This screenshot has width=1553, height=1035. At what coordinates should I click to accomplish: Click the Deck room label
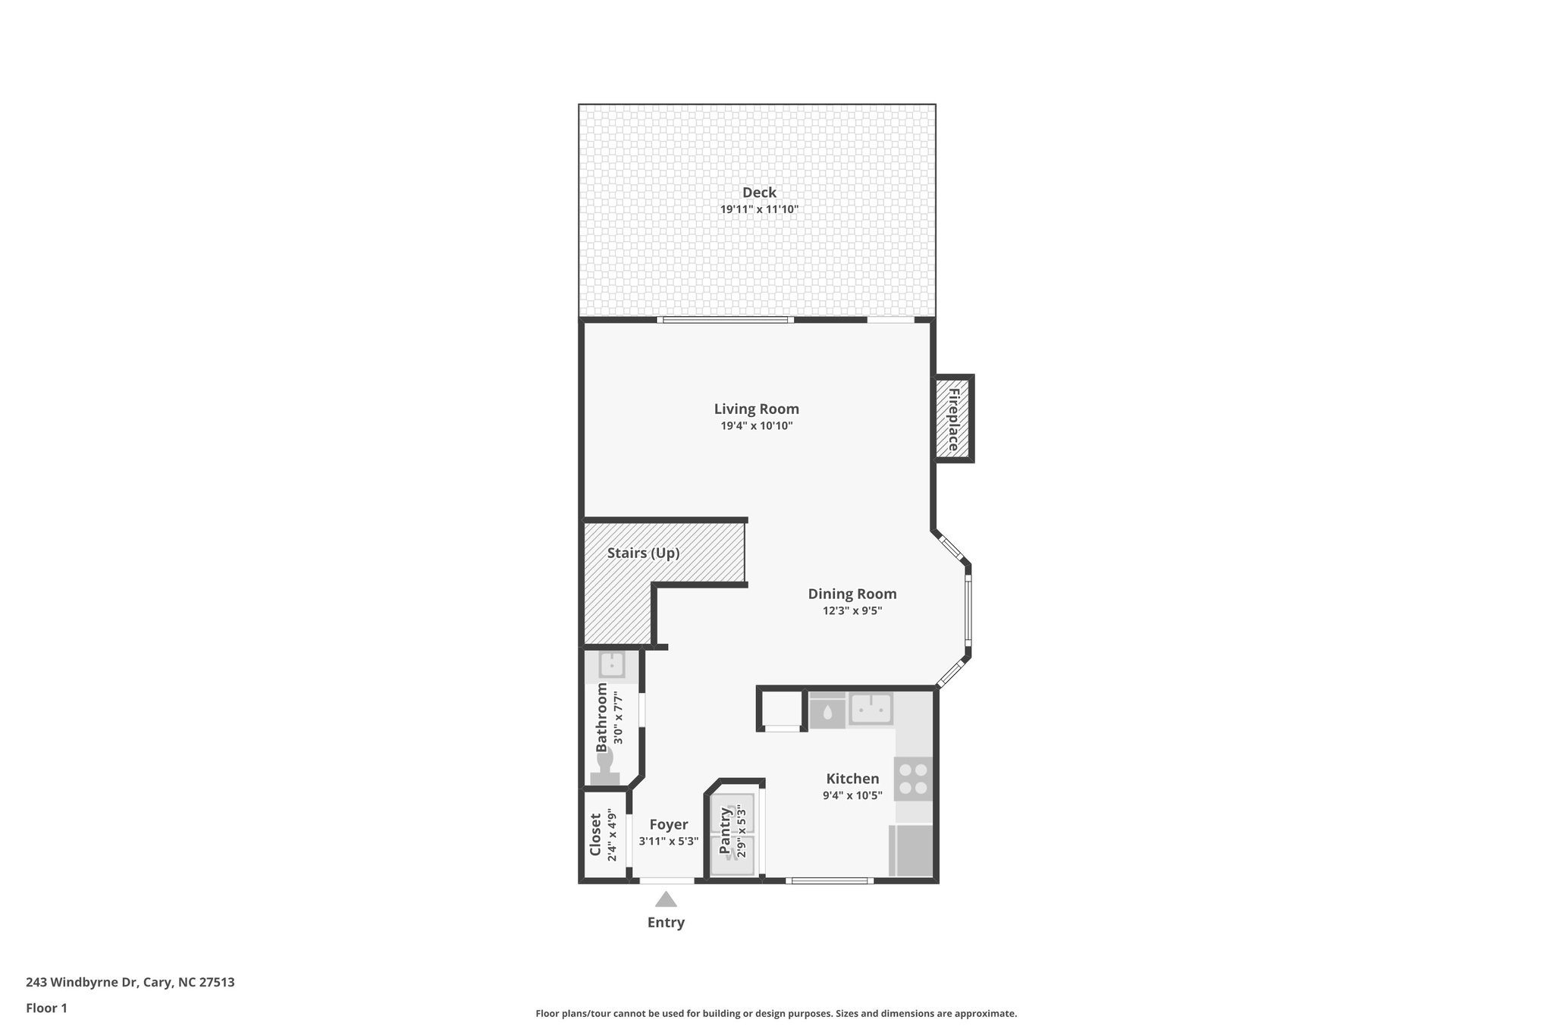tap(759, 193)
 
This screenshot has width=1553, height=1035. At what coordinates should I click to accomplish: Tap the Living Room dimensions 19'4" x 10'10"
tap(757, 426)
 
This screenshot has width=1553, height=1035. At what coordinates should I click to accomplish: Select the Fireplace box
tap(953, 419)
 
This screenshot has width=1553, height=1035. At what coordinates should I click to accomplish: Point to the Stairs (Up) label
tap(643, 554)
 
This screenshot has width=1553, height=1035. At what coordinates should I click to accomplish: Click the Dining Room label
tap(852, 594)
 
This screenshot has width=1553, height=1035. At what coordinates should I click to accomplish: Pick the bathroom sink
tap(611, 665)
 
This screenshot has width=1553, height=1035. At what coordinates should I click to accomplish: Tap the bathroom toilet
tap(605, 770)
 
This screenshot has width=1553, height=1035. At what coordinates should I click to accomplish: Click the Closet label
tap(595, 835)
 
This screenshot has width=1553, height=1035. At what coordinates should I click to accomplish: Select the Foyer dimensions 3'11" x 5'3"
tap(668, 841)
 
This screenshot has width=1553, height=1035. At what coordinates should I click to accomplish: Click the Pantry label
tap(725, 831)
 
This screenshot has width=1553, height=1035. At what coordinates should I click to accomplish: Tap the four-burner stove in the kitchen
tap(914, 779)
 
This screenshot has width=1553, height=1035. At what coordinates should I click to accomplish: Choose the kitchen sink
tap(870, 709)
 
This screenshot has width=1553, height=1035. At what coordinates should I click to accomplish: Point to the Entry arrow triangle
tap(666, 899)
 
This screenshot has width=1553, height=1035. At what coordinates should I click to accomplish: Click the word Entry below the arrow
tap(666, 923)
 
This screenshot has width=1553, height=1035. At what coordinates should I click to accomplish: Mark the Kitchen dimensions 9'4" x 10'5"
tap(852, 795)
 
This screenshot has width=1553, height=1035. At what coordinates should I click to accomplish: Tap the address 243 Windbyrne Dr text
tap(130, 982)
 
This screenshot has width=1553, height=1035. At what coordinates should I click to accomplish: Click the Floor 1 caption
tap(46, 1008)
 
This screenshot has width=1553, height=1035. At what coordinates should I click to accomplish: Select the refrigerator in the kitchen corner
tap(910, 850)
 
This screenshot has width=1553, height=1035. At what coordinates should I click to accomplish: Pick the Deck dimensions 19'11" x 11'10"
tap(759, 209)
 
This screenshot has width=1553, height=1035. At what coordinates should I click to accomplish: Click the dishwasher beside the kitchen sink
tap(827, 712)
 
